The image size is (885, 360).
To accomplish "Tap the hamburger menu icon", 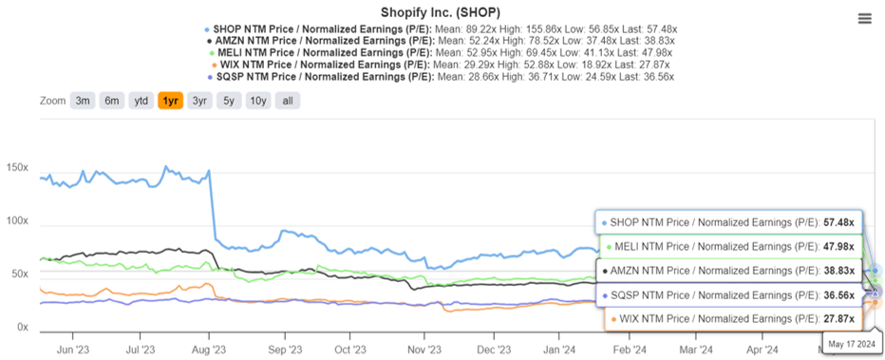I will click(863, 19).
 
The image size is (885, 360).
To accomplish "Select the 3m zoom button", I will click(83, 101).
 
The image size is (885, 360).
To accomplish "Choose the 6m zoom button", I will click(112, 101).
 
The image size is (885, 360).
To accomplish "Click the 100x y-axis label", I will click(18, 221).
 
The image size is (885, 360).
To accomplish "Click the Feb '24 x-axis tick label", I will click(627, 349).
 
